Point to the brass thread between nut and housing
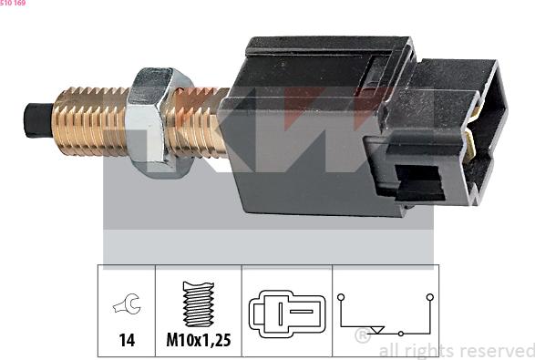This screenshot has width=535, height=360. (196, 119)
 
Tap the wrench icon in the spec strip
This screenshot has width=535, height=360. (127, 304)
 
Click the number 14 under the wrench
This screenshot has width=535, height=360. (127, 340)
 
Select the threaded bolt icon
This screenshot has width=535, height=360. (198, 303)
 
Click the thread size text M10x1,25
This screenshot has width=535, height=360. (198, 340)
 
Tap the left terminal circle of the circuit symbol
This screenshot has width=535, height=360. (340, 296)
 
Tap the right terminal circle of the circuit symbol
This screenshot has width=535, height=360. (427, 296)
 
